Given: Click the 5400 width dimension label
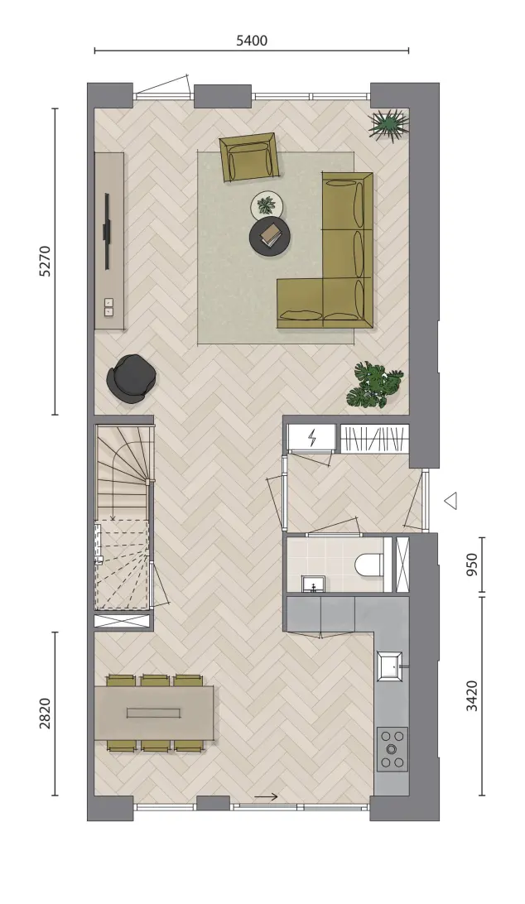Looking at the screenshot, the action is [x=252, y=41].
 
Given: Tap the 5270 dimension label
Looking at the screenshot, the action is [x=45, y=261].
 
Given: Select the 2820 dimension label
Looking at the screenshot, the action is [x=45, y=714].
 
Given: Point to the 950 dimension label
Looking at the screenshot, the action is [x=472, y=565].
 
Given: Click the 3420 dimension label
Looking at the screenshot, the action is [x=472, y=696].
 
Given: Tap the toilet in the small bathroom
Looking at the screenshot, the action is [x=369, y=565].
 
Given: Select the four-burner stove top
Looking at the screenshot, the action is [x=393, y=749].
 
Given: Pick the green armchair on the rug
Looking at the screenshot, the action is [x=249, y=157].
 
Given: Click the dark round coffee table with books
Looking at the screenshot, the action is [x=269, y=234].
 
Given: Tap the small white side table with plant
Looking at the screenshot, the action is [x=267, y=204].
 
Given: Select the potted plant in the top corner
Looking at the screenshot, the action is [x=389, y=126].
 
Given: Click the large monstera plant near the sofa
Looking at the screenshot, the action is [x=375, y=385].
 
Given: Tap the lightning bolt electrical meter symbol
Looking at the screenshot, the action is [x=313, y=438].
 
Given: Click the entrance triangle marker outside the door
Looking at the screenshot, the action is [x=451, y=500].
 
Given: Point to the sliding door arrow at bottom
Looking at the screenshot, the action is [x=266, y=797].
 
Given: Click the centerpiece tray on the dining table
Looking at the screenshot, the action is [x=154, y=713].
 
